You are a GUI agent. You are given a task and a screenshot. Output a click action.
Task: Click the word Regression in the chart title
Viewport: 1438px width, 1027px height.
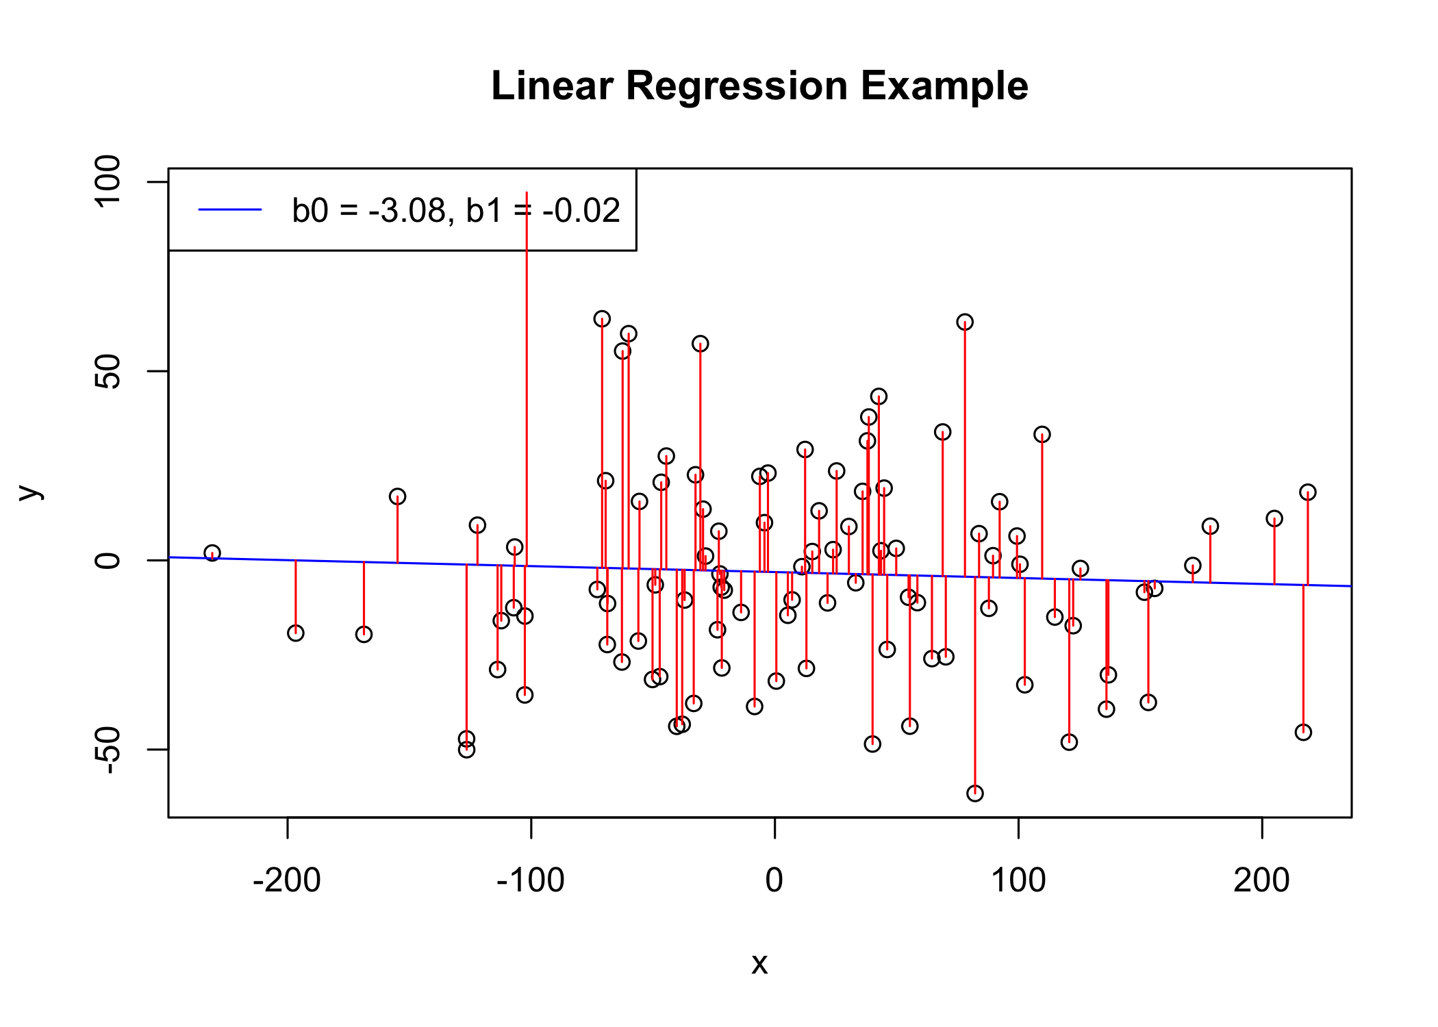(736, 86)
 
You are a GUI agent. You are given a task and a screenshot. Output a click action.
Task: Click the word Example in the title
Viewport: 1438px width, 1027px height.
(944, 86)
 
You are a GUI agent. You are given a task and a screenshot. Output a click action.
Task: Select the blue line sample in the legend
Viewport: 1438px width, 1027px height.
(230, 210)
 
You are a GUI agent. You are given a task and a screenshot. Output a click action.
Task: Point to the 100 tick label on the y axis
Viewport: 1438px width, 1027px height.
(108, 181)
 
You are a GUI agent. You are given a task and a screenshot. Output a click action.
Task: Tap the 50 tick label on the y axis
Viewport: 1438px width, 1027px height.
(108, 371)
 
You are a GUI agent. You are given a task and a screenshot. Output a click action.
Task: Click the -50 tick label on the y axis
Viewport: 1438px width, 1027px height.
(108, 750)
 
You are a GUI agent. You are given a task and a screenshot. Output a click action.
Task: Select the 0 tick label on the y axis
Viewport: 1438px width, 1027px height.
(108, 561)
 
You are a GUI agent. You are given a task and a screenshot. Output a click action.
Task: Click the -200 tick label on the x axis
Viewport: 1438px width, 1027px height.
(287, 880)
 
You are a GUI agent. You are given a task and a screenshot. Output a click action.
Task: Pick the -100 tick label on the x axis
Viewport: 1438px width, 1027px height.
(531, 880)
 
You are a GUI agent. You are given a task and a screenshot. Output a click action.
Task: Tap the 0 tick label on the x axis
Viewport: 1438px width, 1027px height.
(774, 880)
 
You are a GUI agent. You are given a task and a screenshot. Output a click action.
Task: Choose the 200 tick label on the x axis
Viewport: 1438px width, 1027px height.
(1261, 880)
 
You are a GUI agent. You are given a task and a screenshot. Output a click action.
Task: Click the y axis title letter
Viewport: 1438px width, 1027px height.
(29, 492)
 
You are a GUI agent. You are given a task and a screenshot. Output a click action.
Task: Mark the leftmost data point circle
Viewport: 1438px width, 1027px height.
(212, 553)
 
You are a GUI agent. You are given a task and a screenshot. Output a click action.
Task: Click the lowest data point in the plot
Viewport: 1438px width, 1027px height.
(975, 794)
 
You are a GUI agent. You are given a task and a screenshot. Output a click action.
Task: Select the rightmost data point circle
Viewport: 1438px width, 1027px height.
(1308, 492)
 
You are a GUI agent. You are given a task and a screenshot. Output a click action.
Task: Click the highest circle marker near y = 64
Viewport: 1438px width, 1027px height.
(602, 319)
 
